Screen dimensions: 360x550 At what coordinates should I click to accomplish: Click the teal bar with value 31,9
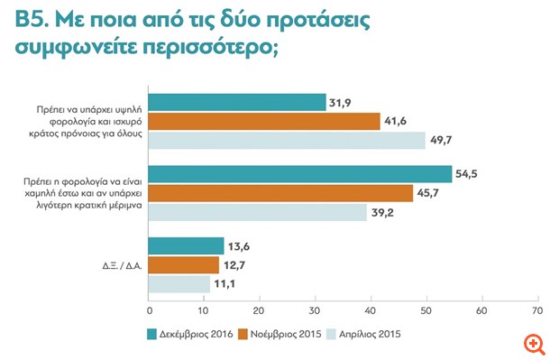click(x=236, y=102)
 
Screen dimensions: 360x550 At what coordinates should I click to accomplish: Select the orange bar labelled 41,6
click(x=263, y=121)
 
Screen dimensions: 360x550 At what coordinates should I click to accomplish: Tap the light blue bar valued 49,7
click(x=286, y=140)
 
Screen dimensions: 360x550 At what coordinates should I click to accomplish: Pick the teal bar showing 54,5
click(x=299, y=174)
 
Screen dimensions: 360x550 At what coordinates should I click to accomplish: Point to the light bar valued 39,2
click(x=257, y=212)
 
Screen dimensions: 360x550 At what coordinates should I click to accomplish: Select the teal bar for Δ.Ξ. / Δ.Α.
click(x=185, y=245)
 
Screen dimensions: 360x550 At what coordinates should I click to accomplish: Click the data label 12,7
click(x=234, y=264)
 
